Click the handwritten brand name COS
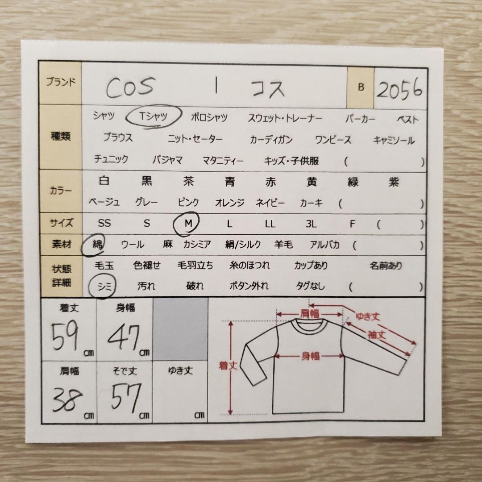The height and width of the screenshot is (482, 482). tap(130, 87)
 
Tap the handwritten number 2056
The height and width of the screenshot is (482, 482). tap(399, 89)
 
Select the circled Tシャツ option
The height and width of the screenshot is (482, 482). tap(153, 116)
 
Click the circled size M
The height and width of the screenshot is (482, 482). tap(187, 224)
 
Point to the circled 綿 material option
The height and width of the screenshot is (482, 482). tap(93, 244)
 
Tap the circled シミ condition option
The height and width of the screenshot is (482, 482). tap(102, 286)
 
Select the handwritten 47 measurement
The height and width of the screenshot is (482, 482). tap(124, 337)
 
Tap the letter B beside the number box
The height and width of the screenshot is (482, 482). tap(361, 87)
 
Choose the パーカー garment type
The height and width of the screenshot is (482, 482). tap(360, 119)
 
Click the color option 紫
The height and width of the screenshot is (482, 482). tap(394, 182)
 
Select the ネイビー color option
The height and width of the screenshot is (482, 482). tap(270, 203)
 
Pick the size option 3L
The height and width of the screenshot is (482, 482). tap(311, 224)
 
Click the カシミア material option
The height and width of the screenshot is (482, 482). tap(197, 245)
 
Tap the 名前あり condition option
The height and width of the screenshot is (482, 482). tap(386, 266)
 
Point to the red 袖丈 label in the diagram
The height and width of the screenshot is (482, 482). tap(377, 334)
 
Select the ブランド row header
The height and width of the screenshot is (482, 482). tap(61, 82)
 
